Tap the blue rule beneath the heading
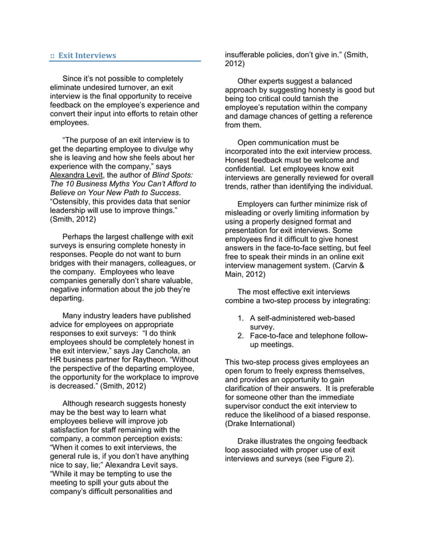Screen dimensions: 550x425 [x=125, y=62]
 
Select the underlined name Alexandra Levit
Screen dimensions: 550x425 [x=79, y=174]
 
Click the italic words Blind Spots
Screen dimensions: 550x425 [x=172, y=174]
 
